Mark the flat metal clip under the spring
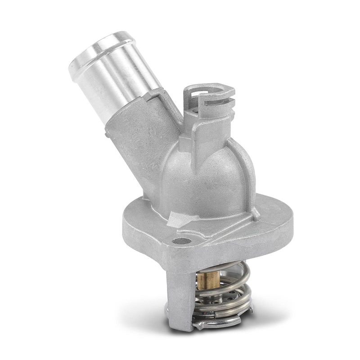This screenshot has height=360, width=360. point(216,320)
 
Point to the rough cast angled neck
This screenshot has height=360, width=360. point(135,148)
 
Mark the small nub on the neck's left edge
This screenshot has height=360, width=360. point(107,133)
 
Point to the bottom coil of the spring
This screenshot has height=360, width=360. point(225,310)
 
